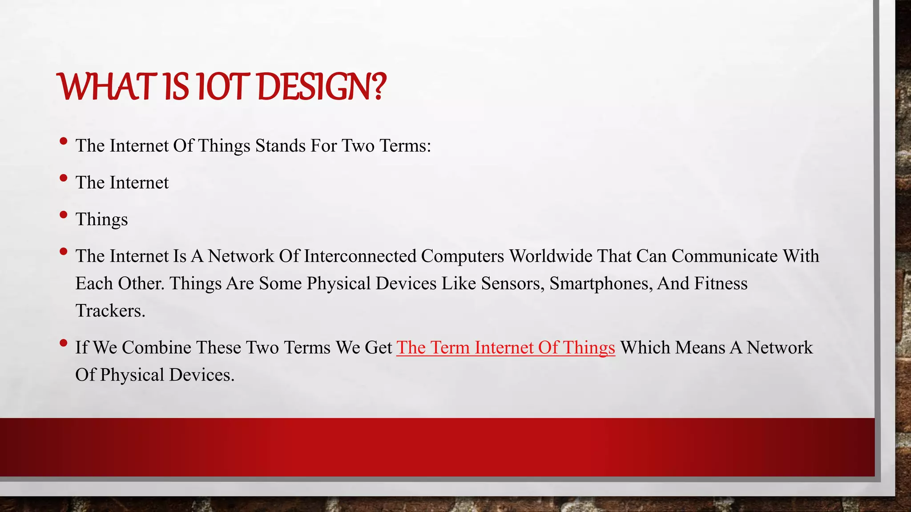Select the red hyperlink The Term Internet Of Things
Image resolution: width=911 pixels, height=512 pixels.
(x=505, y=348)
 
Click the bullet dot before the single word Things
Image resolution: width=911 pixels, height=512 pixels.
(x=64, y=215)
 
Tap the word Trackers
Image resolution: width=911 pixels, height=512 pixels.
(x=110, y=311)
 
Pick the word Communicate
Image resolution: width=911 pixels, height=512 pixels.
(x=724, y=256)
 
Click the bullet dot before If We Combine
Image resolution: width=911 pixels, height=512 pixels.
(x=64, y=343)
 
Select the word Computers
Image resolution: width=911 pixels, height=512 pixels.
(x=462, y=256)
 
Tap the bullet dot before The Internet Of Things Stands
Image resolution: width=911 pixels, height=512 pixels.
(x=64, y=141)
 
